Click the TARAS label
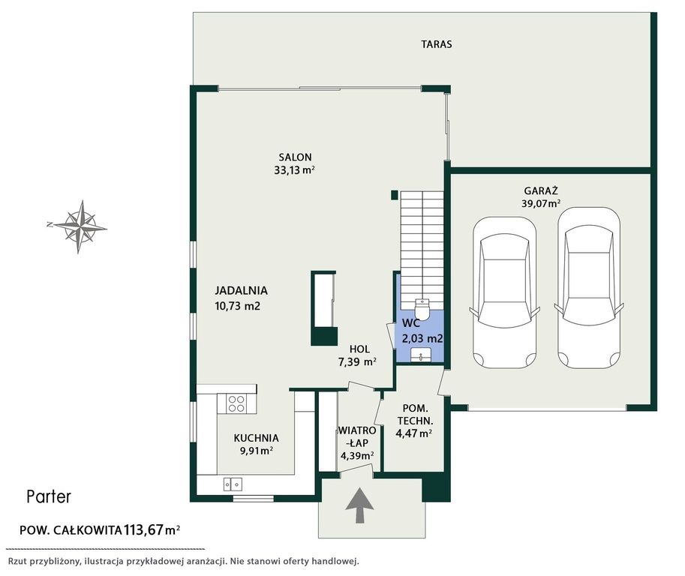click(x=437, y=44)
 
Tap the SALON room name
click(x=296, y=157)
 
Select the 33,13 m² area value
click(x=294, y=170)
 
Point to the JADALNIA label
click(x=241, y=290)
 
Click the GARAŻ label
click(x=541, y=190)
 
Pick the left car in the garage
click(x=504, y=292)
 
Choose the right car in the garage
click(x=589, y=288)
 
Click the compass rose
click(x=79, y=226)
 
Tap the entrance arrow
click(x=359, y=505)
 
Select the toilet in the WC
click(x=422, y=308)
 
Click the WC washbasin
click(x=421, y=355)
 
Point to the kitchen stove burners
click(x=236, y=403)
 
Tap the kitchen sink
click(x=233, y=484)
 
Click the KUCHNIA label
click(x=256, y=438)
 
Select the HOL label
click(x=359, y=349)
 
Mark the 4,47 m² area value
click(x=413, y=433)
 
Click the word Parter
click(x=49, y=496)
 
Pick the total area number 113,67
click(x=143, y=530)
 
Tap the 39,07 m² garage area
click(x=541, y=203)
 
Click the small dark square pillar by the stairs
click(x=394, y=195)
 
